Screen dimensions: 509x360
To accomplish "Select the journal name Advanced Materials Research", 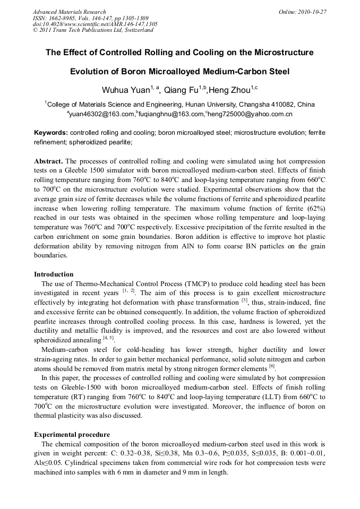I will [69, 12].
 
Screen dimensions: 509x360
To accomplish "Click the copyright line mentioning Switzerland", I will [93, 30].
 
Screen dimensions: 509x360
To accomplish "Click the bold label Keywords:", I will [51, 132].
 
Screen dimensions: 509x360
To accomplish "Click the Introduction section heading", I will [54, 274].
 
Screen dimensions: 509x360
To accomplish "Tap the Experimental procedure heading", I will [72, 435].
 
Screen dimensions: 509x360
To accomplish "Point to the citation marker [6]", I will [271, 366].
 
